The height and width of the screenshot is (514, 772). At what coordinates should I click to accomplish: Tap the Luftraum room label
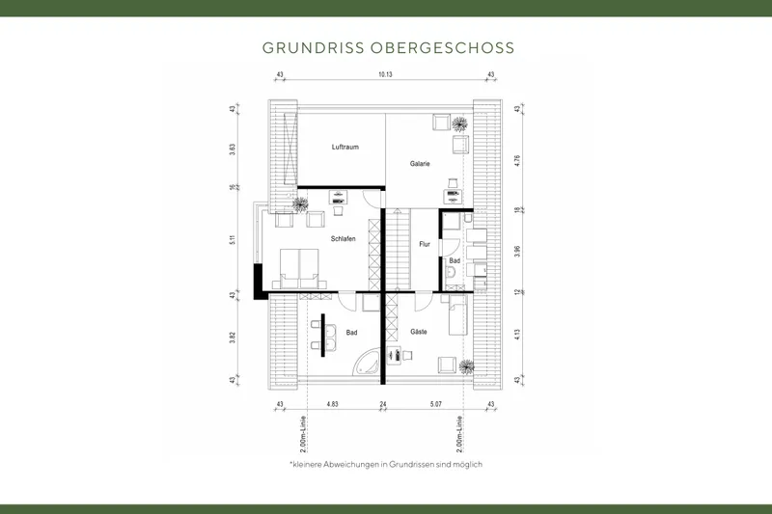coord(345,148)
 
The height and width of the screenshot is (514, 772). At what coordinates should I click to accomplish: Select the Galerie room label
coord(420,164)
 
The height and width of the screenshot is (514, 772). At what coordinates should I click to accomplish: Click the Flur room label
coord(424,244)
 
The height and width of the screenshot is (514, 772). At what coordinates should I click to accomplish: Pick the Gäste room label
coord(418,331)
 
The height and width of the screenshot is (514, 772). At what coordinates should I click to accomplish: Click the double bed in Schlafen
coord(300,265)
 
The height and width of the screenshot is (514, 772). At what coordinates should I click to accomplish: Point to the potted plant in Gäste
coord(467,365)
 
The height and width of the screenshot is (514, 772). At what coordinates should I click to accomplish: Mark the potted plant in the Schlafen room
coord(300,203)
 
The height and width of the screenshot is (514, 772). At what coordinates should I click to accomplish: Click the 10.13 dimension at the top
coord(385,74)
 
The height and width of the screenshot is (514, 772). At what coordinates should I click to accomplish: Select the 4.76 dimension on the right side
coord(517,162)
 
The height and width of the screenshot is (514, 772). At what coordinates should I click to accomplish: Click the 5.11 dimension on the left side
coord(234,240)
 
